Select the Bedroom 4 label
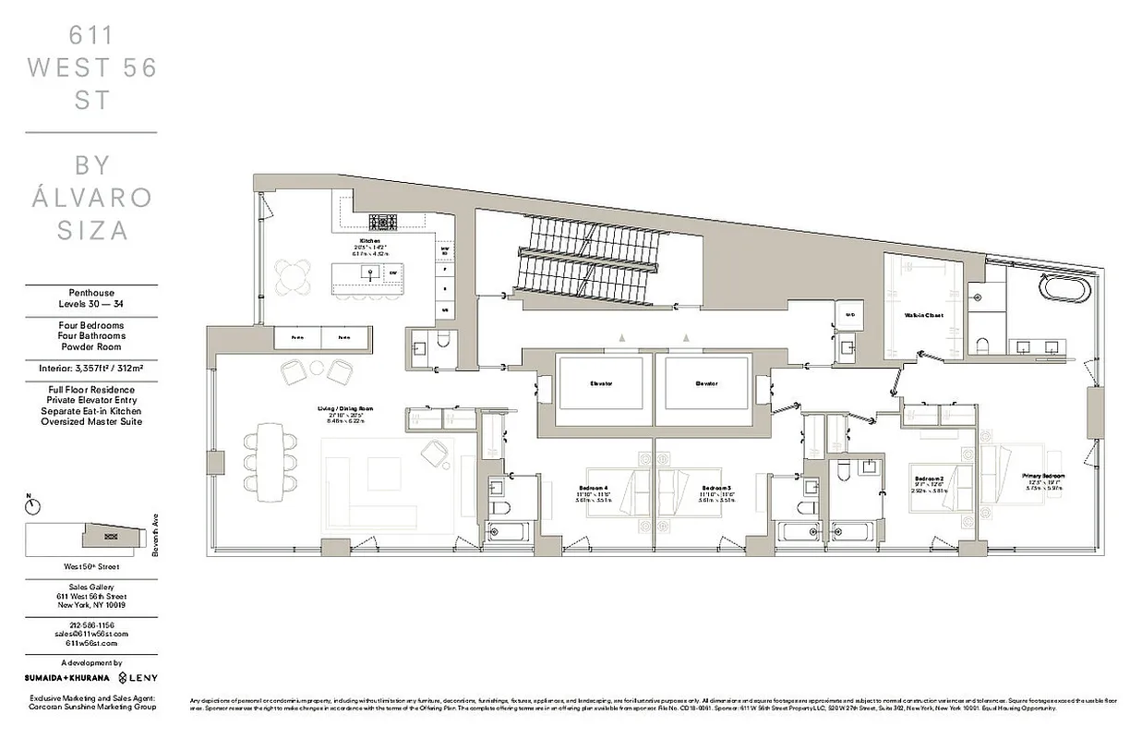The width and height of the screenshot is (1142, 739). [x=593, y=487]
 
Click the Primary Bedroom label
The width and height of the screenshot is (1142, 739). [x=1043, y=476]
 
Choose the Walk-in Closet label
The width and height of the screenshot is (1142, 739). [x=922, y=315]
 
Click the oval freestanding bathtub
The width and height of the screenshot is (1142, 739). [x=1064, y=286]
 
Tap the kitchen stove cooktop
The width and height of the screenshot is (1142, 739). [x=382, y=222]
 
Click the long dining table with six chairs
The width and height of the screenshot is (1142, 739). [x=270, y=457]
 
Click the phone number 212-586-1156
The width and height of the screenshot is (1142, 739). [x=90, y=624]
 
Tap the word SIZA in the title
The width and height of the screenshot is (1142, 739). [x=91, y=230]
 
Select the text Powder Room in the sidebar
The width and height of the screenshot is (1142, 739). [x=90, y=347]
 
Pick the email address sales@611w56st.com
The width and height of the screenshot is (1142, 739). [x=90, y=634]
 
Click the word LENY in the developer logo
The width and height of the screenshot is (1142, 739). [x=143, y=678]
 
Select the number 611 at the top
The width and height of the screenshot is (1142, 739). [x=91, y=36]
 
